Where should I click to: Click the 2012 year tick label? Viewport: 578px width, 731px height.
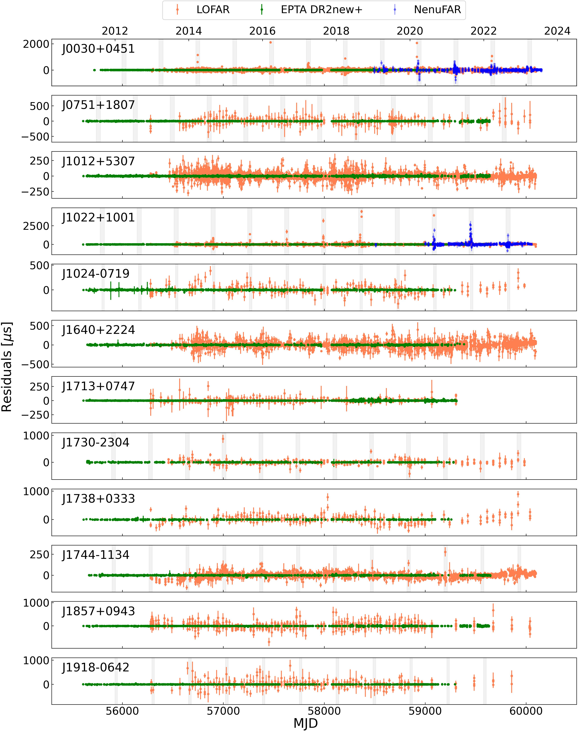pyautogui.click(x=115, y=31)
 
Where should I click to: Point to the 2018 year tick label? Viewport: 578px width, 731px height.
pyautogui.click(x=336, y=31)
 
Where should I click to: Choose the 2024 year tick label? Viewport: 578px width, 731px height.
pyautogui.click(x=557, y=31)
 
